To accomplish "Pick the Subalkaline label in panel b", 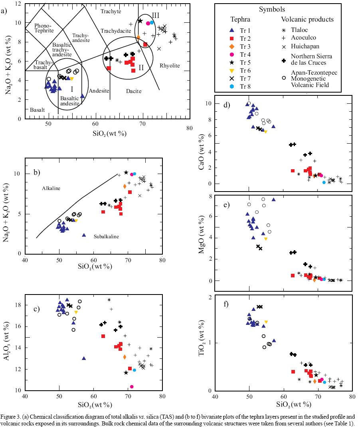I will [x=106, y=237].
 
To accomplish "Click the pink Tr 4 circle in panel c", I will [x=132, y=386].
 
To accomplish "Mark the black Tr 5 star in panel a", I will [x=140, y=21].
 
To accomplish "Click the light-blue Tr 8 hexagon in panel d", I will [x=324, y=182].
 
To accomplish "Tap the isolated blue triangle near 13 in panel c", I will [x=84, y=358].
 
